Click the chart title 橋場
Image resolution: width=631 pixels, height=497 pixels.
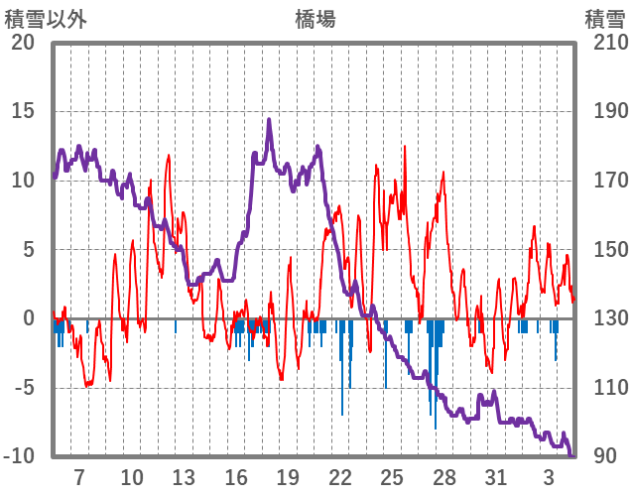[315, 19]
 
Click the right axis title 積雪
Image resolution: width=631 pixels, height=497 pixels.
[604, 19]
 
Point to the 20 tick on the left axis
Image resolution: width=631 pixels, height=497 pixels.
[23, 43]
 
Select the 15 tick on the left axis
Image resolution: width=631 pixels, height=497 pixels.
[23, 111]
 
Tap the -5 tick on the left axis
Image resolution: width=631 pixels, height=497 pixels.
[23, 388]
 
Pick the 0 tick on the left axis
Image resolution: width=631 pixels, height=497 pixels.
[29, 318]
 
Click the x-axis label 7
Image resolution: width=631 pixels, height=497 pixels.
[79, 476]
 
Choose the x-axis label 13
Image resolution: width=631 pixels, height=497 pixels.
[184, 476]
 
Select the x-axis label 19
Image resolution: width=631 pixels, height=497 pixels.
[288, 476]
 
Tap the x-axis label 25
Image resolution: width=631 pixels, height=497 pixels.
[392, 476]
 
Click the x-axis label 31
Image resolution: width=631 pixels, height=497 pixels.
[496, 476]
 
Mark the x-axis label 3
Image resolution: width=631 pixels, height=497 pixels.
[549, 476]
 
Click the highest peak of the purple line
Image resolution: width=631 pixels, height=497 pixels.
[269, 120]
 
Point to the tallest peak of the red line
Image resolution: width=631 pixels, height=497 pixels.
[405, 147]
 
